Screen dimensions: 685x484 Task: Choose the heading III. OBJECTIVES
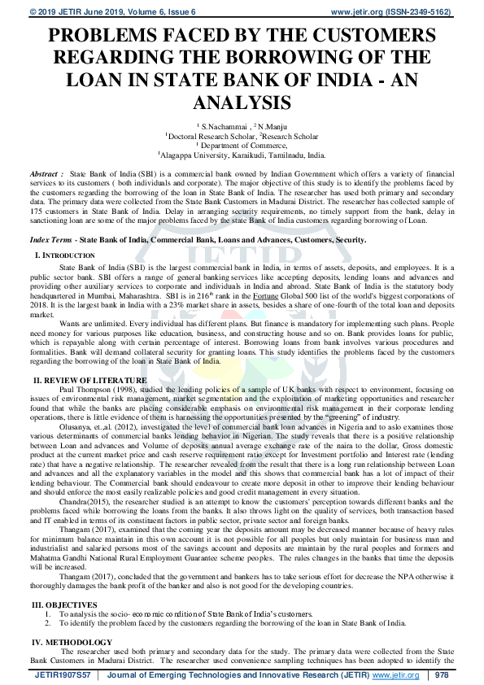pyautogui.click(x=64, y=604)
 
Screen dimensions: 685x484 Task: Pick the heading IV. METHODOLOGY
pyautogui.click(x=70, y=643)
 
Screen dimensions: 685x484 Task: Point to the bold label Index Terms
pyautogui.click(x=52, y=240)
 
